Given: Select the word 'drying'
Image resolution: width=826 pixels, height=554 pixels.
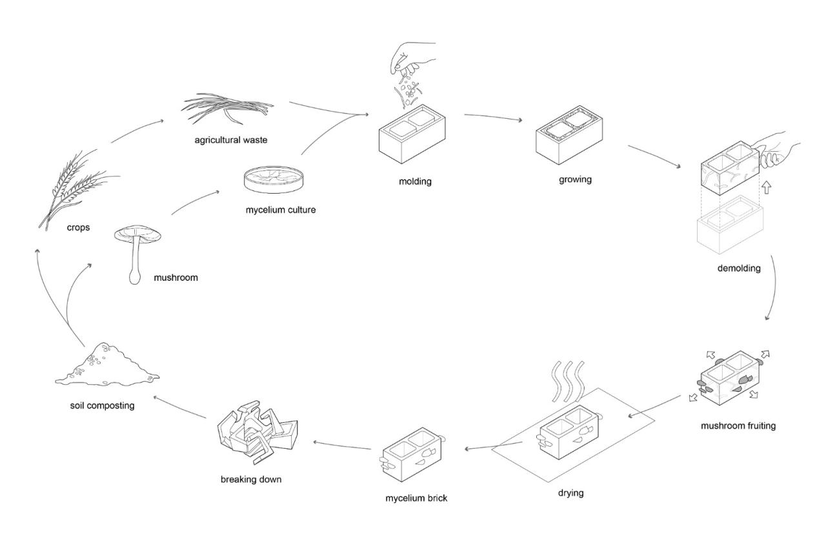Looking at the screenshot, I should tap(570, 493).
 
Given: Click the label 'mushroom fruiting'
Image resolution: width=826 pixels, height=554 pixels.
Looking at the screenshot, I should tap(738, 426).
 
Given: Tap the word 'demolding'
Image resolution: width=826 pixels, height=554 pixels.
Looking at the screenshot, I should tap(738, 268).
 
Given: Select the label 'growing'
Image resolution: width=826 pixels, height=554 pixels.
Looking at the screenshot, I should tap(575, 179).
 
